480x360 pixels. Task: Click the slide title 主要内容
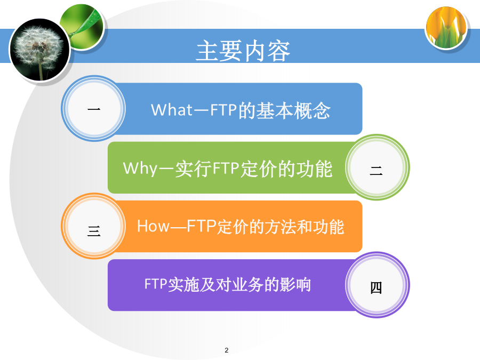point(243,51)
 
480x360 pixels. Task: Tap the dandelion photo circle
point(39,50)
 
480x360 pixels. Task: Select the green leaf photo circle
point(82,27)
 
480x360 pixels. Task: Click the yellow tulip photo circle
point(446,28)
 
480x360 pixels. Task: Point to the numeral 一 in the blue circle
point(94,109)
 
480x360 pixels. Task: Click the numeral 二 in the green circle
point(376,170)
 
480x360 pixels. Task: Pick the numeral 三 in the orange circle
point(94,231)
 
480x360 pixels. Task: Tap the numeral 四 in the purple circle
point(376,288)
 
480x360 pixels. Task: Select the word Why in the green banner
point(140,169)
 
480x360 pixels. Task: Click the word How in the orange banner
point(153,226)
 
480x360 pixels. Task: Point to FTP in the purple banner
point(156,284)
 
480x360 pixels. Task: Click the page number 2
point(227,350)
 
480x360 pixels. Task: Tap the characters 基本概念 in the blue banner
point(293,110)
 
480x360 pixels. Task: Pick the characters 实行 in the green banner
point(194,169)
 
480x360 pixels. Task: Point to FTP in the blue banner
point(223,110)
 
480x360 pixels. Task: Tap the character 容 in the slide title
point(279,51)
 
